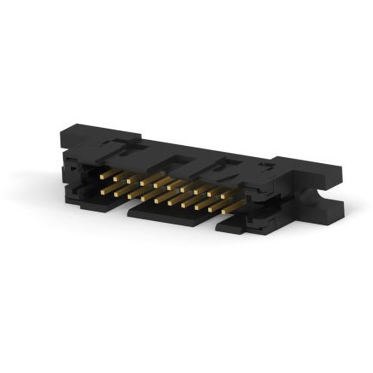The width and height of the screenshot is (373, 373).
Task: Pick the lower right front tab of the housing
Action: (x=233, y=228)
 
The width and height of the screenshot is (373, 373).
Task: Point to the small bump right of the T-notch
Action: (x=264, y=164)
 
